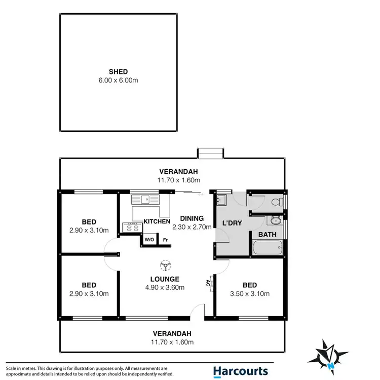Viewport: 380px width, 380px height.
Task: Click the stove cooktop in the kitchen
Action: tap(131, 227)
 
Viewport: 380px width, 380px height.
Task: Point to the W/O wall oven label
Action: tap(149, 240)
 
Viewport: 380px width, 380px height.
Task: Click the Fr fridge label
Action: tap(165, 240)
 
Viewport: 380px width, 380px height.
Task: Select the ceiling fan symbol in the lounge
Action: tap(165, 265)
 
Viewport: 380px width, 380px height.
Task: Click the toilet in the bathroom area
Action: tap(276, 202)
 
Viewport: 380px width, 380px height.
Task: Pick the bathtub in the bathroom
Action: tap(267, 248)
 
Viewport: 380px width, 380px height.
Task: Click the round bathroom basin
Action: tap(275, 221)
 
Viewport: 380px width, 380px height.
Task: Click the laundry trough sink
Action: tap(221, 200)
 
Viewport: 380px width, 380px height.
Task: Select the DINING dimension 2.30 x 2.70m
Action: tap(192, 227)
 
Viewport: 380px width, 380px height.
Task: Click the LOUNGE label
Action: tap(165, 279)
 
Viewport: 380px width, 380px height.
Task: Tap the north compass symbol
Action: tap(330, 355)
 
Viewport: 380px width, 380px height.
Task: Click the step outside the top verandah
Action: tap(210, 153)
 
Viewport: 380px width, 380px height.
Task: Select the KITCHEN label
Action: tap(157, 222)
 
